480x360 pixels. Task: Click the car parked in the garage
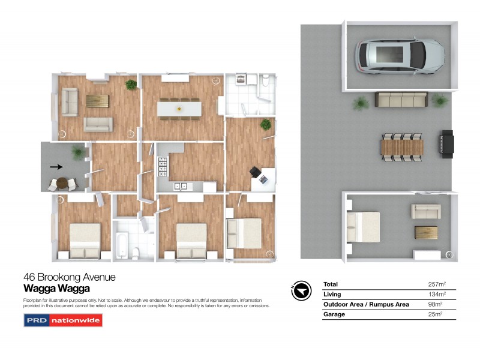(401, 55)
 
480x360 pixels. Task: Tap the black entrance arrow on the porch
(55, 167)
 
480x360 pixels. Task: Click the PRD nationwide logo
(63, 320)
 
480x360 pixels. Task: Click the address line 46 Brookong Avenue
(69, 277)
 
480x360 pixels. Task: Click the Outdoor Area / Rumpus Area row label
(366, 304)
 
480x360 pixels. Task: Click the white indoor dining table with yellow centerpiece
(178, 109)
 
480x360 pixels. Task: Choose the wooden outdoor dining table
(402, 146)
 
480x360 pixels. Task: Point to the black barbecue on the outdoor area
(448, 145)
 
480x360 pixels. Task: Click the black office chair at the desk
(256, 172)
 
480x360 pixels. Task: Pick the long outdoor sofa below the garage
(401, 100)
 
